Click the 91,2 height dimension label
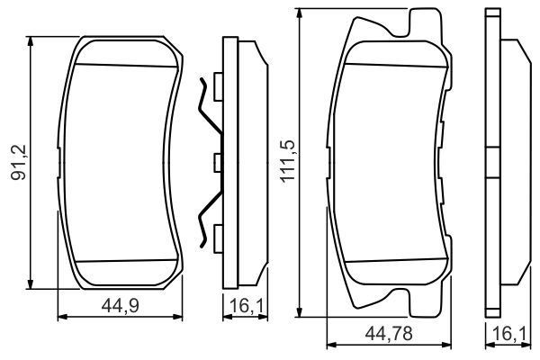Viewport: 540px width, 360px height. [x=19, y=163]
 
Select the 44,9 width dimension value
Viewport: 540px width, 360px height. [x=121, y=306]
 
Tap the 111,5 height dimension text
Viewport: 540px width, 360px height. [x=288, y=161]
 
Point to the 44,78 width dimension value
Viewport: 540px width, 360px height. [x=389, y=334]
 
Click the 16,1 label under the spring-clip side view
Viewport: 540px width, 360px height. [x=246, y=306]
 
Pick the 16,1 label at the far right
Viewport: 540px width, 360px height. [x=509, y=334]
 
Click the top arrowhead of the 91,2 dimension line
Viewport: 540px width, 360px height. [x=31, y=41]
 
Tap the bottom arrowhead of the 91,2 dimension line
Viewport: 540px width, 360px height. [x=31, y=283]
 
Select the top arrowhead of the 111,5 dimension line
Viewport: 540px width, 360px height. [x=300, y=13]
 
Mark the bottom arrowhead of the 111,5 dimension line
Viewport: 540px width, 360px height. [x=300, y=311]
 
